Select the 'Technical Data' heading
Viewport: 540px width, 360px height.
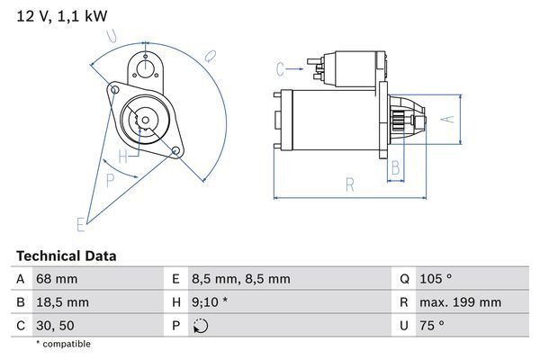[x=67, y=256]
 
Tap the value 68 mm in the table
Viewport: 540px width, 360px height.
[x=56, y=279]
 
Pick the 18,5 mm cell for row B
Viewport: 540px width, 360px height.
[x=61, y=302]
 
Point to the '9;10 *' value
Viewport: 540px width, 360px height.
[x=211, y=302]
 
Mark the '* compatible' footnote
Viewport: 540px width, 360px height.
[x=63, y=344]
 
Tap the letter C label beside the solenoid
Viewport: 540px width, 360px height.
[x=280, y=67]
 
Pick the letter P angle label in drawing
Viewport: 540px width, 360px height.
[x=110, y=180]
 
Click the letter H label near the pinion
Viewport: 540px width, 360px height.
[x=134, y=154]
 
